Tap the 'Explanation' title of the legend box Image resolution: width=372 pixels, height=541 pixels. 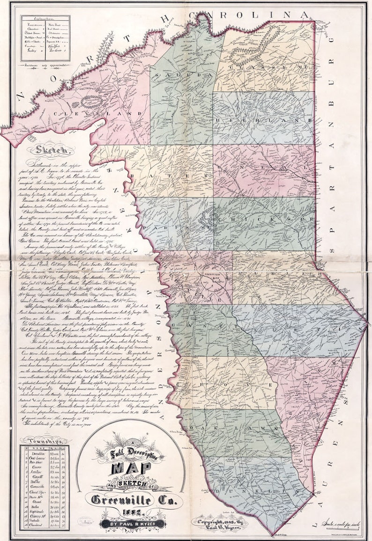click(45, 21)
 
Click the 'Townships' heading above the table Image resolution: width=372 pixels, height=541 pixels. click(45, 441)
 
